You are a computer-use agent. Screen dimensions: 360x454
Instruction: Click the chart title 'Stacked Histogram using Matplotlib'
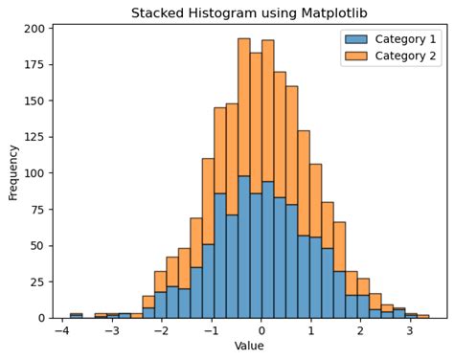[x=249, y=12]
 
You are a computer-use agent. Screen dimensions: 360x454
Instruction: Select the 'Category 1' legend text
[x=405, y=39]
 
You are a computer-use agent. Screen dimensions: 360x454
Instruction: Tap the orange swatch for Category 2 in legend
[x=355, y=56]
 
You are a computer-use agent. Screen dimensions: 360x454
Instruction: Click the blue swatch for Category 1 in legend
[x=355, y=39]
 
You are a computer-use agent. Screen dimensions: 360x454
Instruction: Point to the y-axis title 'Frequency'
[x=12, y=172]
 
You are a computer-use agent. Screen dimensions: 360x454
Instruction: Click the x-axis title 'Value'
[x=249, y=347]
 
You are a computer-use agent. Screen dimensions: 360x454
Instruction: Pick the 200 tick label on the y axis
[x=34, y=29]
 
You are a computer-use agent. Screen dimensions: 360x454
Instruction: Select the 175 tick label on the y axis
[x=34, y=65]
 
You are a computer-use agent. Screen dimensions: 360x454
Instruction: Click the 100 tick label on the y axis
[x=34, y=173]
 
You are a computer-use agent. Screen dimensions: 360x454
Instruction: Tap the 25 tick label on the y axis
[x=36, y=281]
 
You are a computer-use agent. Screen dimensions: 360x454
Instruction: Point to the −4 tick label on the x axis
[x=61, y=331]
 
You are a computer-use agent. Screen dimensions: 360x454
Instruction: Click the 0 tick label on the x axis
[x=261, y=331]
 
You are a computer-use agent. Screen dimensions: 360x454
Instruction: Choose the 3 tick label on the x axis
[x=410, y=331]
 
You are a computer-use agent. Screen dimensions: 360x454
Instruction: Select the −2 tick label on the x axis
[x=160, y=331]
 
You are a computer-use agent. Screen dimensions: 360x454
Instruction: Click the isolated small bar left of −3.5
[x=76, y=315]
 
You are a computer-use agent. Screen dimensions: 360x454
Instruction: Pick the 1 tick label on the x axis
[x=311, y=331]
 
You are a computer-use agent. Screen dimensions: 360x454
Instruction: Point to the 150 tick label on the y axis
[x=34, y=101]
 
